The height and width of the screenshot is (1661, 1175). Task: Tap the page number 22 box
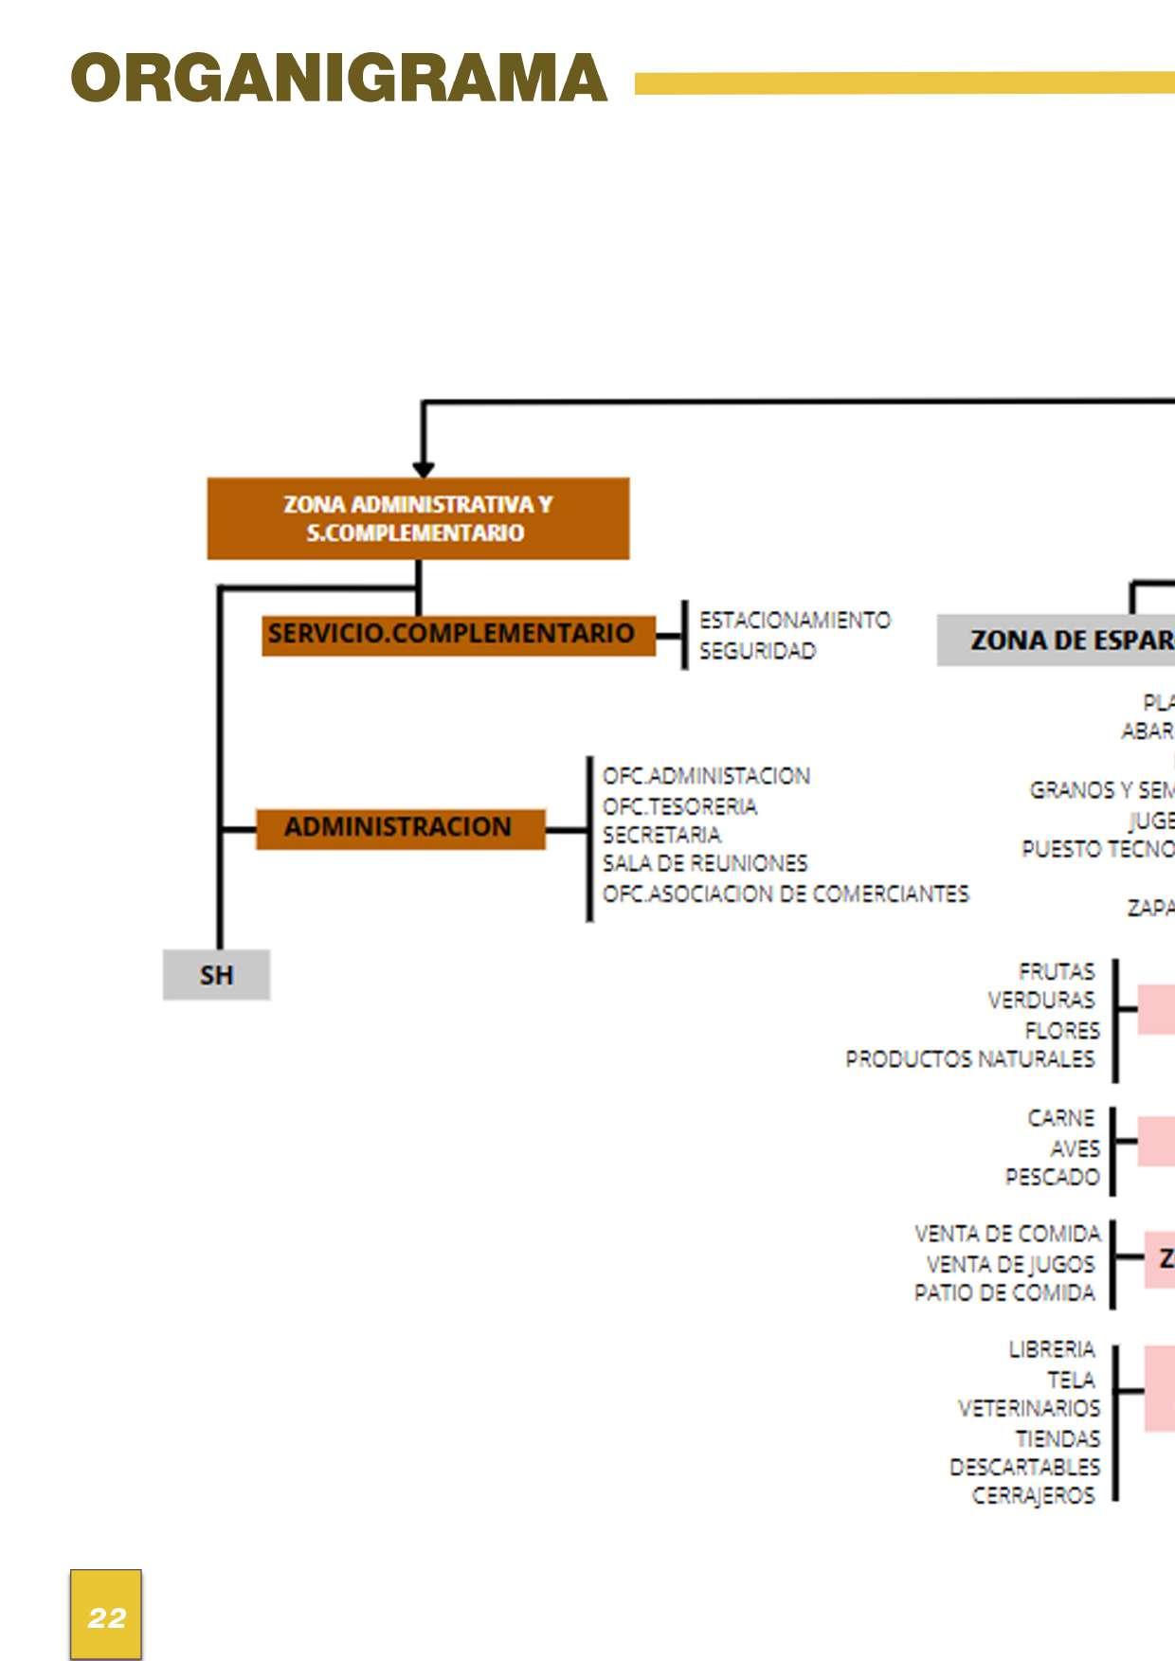point(106,1615)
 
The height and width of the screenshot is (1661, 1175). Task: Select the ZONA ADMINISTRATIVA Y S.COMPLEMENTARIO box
point(418,518)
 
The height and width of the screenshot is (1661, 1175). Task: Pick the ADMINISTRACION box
point(400,828)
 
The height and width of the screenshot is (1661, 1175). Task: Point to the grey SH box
point(216,975)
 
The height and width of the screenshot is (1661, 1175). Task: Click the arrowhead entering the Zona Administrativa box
point(424,470)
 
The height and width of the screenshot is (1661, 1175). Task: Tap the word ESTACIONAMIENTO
point(794,621)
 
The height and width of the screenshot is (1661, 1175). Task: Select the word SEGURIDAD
point(757,651)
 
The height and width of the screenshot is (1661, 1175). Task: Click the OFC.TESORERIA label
point(679,806)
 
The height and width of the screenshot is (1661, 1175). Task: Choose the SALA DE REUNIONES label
point(705,863)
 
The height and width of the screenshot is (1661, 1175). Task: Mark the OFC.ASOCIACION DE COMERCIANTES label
point(786,894)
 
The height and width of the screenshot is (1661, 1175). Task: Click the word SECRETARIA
point(661,835)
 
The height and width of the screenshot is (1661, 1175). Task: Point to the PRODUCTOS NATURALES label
point(969,1058)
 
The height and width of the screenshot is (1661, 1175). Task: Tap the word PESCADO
point(1052,1177)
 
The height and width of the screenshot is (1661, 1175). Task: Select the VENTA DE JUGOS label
point(1010,1264)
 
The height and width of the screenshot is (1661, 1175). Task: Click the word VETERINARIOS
point(1028,1408)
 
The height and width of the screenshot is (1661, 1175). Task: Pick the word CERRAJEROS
point(1033,1495)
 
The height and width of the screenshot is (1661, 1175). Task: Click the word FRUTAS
point(1056,971)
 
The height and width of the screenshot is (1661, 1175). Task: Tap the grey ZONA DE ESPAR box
point(1056,641)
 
